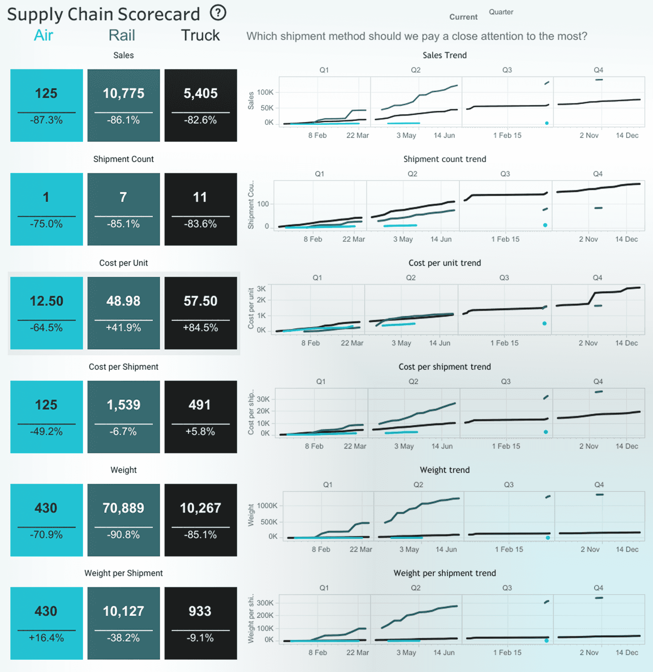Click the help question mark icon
pyautogui.click(x=218, y=13)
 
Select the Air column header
pyautogui.click(x=43, y=35)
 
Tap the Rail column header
pyautogui.click(x=122, y=35)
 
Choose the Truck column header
pyautogui.click(x=200, y=35)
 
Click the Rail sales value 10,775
pyautogui.click(x=123, y=93)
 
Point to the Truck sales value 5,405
pyautogui.click(x=201, y=93)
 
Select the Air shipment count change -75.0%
pyautogui.click(x=46, y=224)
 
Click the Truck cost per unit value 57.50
pyautogui.click(x=201, y=301)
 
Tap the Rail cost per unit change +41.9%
pyautogui.click(x=123, y=328)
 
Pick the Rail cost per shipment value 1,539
pyautogui.click(x=123, y=405)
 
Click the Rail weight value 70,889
pyautogui.click(x=123, y=508)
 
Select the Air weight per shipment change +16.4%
pyautogui.click(x=46, y=638)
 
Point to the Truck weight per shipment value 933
pyautogui.click(x=200, y=611)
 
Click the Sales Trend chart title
pyautogui.click(x=444, y=55)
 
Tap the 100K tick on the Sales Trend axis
pyautogui.click(x=265, y=92)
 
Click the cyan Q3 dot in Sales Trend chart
pyautogui.click(x=547, y=123)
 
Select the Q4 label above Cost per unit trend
pyautogui.click(x=597, y=278)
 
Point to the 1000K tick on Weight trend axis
pyautogui.click(x=267, y=506)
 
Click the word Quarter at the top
pyautogui.click(x=501, y=12)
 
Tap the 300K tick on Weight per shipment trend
pyautogui.click(x=265, y=603)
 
